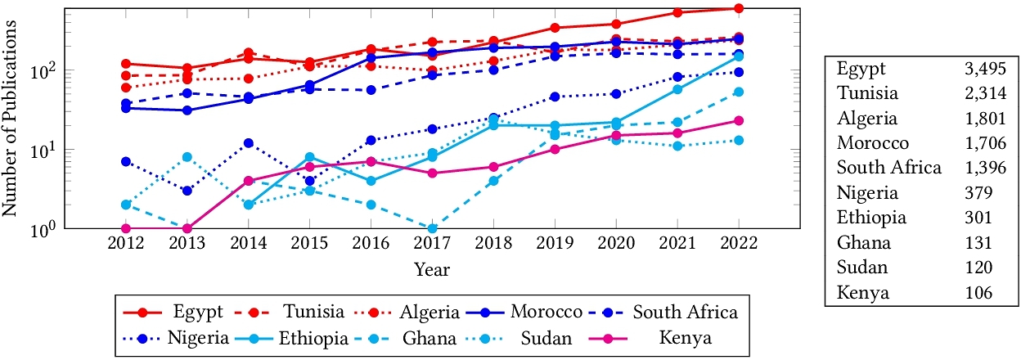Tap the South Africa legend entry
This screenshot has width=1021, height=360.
tap(686, 312)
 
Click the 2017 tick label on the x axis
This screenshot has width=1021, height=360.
tap(432, 245)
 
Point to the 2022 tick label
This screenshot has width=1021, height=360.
tap(738, 245)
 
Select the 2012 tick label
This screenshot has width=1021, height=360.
tap(126, 245)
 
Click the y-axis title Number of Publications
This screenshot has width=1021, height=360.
tap(11, 118)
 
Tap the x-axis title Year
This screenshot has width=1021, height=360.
tap(431, 268)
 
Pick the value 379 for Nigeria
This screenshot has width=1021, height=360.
tap(978, 193)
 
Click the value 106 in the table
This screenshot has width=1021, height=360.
tap(978, 292)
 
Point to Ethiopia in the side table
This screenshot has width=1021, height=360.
tap(871, 218)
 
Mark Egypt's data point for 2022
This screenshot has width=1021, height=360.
tap(738, 8)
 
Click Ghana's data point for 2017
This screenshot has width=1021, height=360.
tap(432, 228)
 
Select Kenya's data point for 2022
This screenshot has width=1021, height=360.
tap(738, 120)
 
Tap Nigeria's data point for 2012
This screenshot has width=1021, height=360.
tap(126, 161)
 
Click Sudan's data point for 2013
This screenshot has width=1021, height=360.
tap(187, 157)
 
